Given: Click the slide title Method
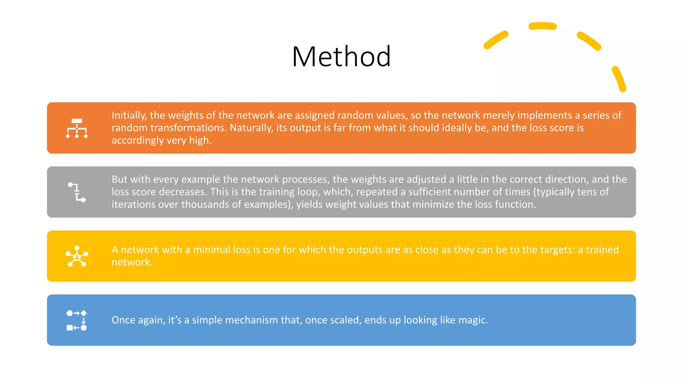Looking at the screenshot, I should click(x=341, y=57).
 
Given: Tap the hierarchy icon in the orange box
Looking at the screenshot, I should click(x=77, y=128).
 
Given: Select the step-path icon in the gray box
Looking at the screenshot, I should click(x=77, y=192).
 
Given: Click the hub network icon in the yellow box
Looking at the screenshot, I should click(x=77, y=256).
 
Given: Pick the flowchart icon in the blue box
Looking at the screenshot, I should click(x=77, y=320).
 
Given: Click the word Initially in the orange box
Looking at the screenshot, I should click(x=129, y=115).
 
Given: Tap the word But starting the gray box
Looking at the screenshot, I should click(x=119, y=179).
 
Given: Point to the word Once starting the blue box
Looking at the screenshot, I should click(x=123, y=320).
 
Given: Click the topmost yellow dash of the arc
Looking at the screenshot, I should click(x=543, y=26).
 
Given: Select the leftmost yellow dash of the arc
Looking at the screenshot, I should click(x=496, y=40).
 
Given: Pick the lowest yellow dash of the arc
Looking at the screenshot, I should click(x=619, y=79).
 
